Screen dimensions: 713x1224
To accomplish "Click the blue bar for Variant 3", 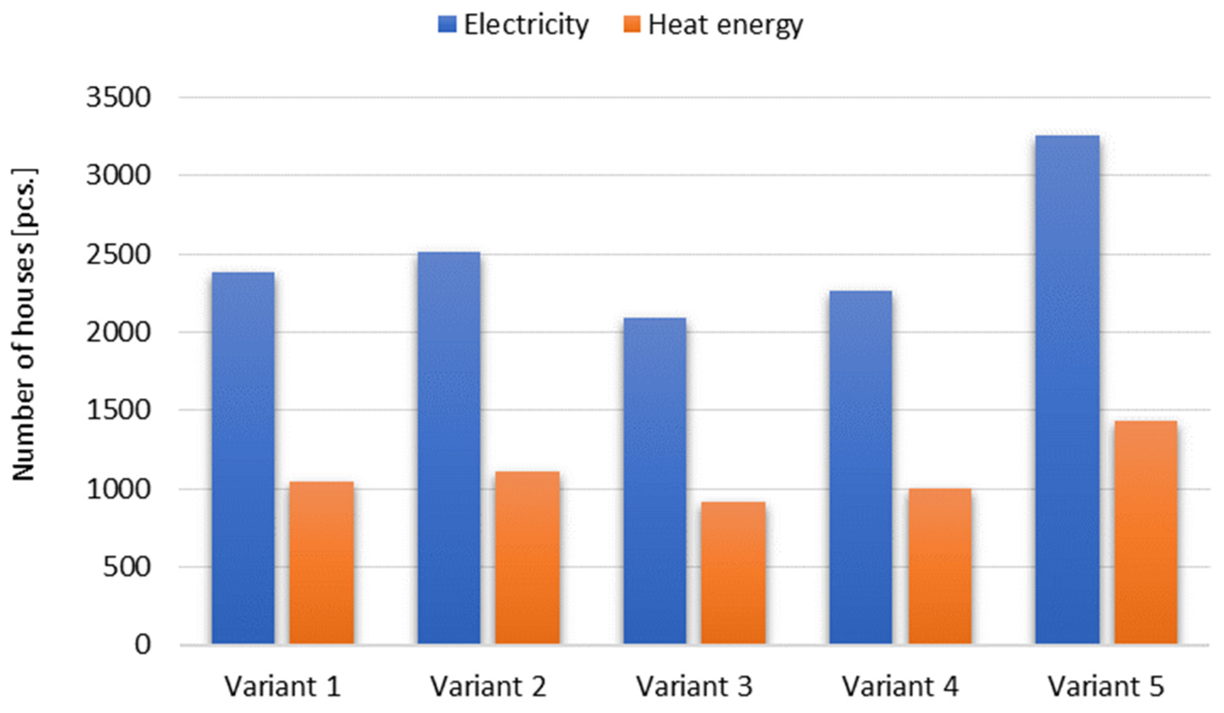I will pos(655,481).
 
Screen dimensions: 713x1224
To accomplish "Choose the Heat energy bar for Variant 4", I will pos(940,566).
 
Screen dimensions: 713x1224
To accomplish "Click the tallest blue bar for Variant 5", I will pos(1067,389).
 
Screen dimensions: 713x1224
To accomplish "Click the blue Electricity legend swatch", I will pos(447,24).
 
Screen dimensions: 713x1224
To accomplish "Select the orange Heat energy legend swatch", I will pos(631,24).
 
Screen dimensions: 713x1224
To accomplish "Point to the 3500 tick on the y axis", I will pos(119,98).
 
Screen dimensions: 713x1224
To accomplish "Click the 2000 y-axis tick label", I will pos(119,333).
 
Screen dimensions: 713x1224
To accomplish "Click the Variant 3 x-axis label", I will pos(694,686).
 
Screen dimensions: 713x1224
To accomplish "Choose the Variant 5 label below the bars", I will pos(1106,686).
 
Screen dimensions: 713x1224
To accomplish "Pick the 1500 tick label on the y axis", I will pos(119,410).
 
